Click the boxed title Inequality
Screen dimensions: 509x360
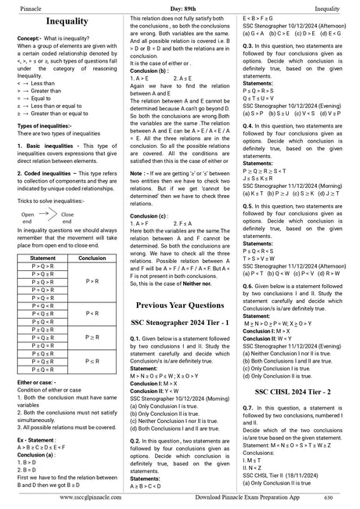point(67,21)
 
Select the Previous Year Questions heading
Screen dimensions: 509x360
point(179,304)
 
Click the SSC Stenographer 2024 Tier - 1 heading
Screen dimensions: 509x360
point(179,321)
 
